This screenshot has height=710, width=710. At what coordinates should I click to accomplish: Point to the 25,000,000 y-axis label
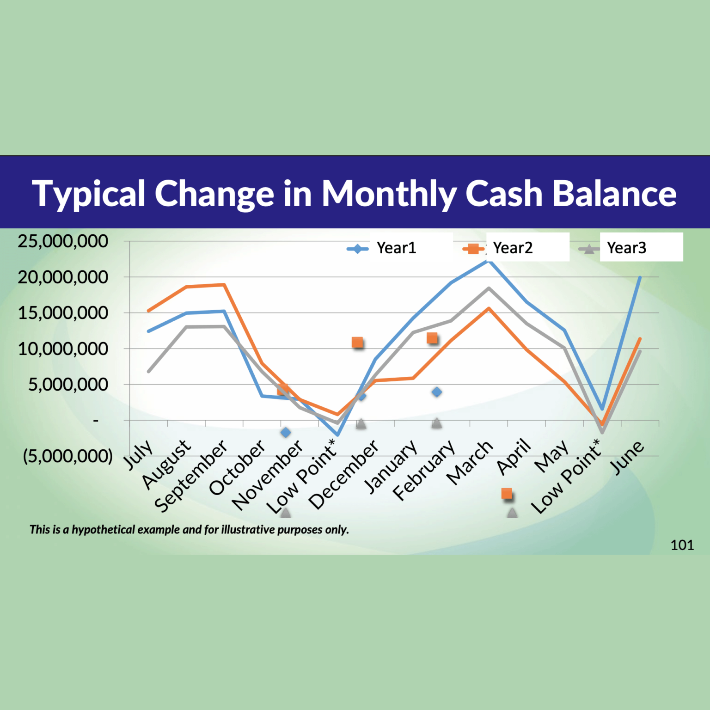click(x=63, y=241)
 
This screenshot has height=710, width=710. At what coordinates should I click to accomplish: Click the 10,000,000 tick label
click(x=63, y=349)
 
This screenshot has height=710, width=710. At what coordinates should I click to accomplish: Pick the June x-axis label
click(x=627, y=458)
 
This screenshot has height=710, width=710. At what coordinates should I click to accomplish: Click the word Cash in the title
click(x=504, y=194)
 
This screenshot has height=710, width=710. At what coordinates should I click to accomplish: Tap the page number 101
click(x=682, y=545)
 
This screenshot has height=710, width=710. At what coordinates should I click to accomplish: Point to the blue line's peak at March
click(x=489, y=261)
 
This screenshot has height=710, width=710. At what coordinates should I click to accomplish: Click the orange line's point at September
click(x=224, y=285)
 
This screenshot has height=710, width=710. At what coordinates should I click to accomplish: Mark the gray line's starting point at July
click(x=148, y=371)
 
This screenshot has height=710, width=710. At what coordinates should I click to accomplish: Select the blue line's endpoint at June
click(x=640, y=277)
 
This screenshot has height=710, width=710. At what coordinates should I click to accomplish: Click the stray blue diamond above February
click(x=437, y=392)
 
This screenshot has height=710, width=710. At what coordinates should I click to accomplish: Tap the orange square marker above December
click(x=357, y=343)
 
